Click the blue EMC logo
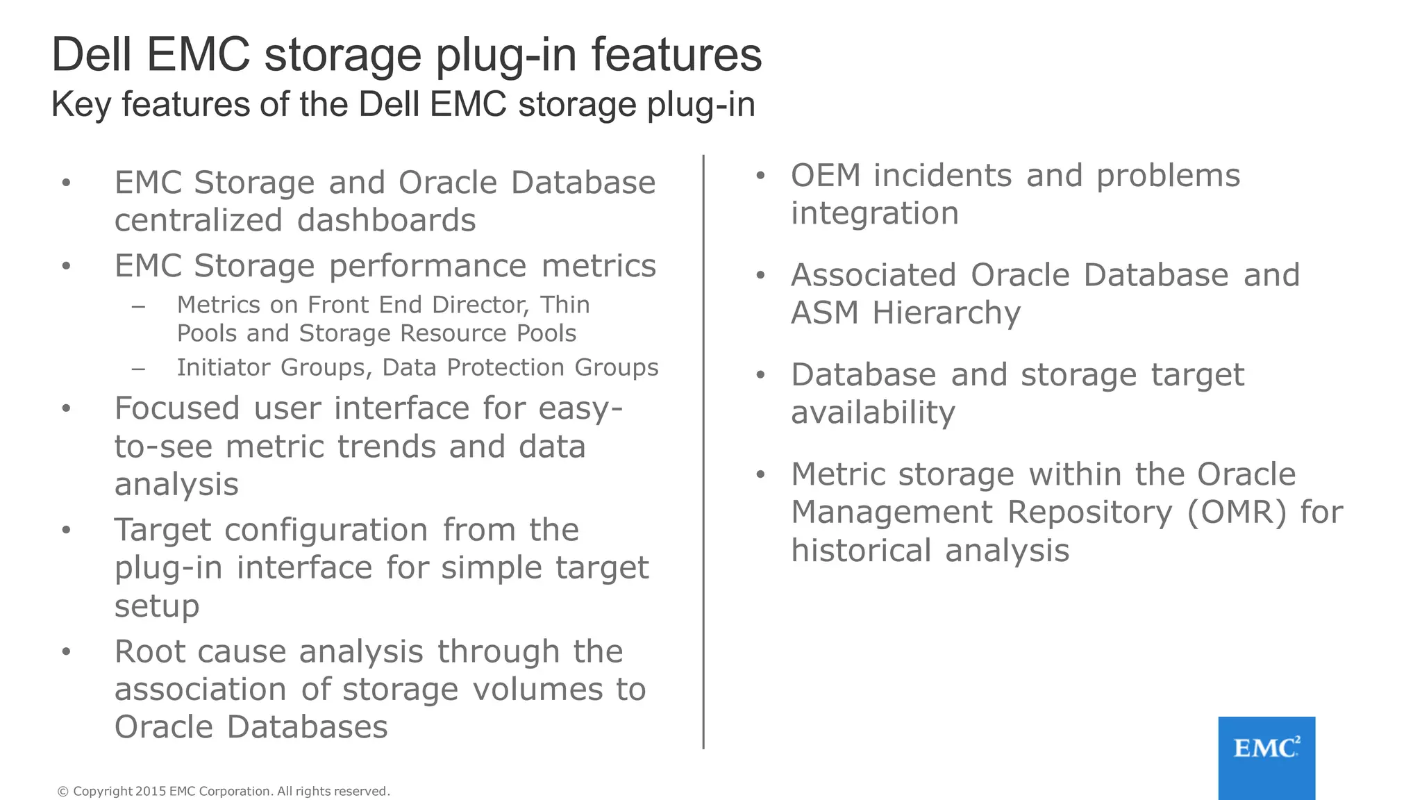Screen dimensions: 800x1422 click(1266, 757)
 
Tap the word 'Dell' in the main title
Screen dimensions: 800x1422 click(92, 55)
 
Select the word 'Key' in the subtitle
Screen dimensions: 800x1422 click(81, 105)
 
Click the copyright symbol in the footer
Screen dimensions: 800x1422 click(62, 791)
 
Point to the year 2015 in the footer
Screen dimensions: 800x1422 click(151, 791)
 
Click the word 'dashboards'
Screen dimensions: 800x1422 click(386, 221)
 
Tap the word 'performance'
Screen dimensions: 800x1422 click(428, 266)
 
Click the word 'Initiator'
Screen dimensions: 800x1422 click(225, 367)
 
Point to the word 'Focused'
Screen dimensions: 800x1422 click(177, 408)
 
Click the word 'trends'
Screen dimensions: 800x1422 click(387, 447)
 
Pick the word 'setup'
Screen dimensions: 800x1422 click(157, 606)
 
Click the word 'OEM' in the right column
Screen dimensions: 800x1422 click(826, 176)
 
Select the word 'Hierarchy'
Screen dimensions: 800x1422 click(946, 313)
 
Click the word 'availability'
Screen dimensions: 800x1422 click(873, 413)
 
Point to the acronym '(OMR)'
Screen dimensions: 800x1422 click(1237, 512)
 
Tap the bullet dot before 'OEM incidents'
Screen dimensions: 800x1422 click(760, 176)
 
